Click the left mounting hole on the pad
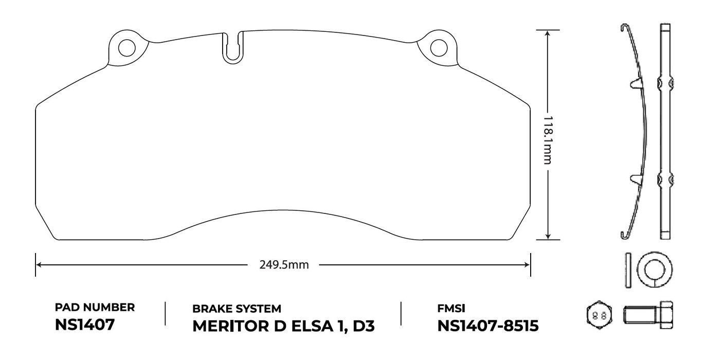(126, 48)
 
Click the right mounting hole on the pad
(438, 48)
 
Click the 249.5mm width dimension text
(284, 265)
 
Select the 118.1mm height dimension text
(548, 139)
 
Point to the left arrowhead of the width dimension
(39, 265)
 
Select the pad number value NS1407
(84, 326)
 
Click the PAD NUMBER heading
(95, 308)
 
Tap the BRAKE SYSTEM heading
(237, 309)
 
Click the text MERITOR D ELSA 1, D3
(283, 327)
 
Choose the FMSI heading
(451, 309)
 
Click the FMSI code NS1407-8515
(487, 327)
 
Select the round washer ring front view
(654, 269)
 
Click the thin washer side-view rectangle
(628, 269)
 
